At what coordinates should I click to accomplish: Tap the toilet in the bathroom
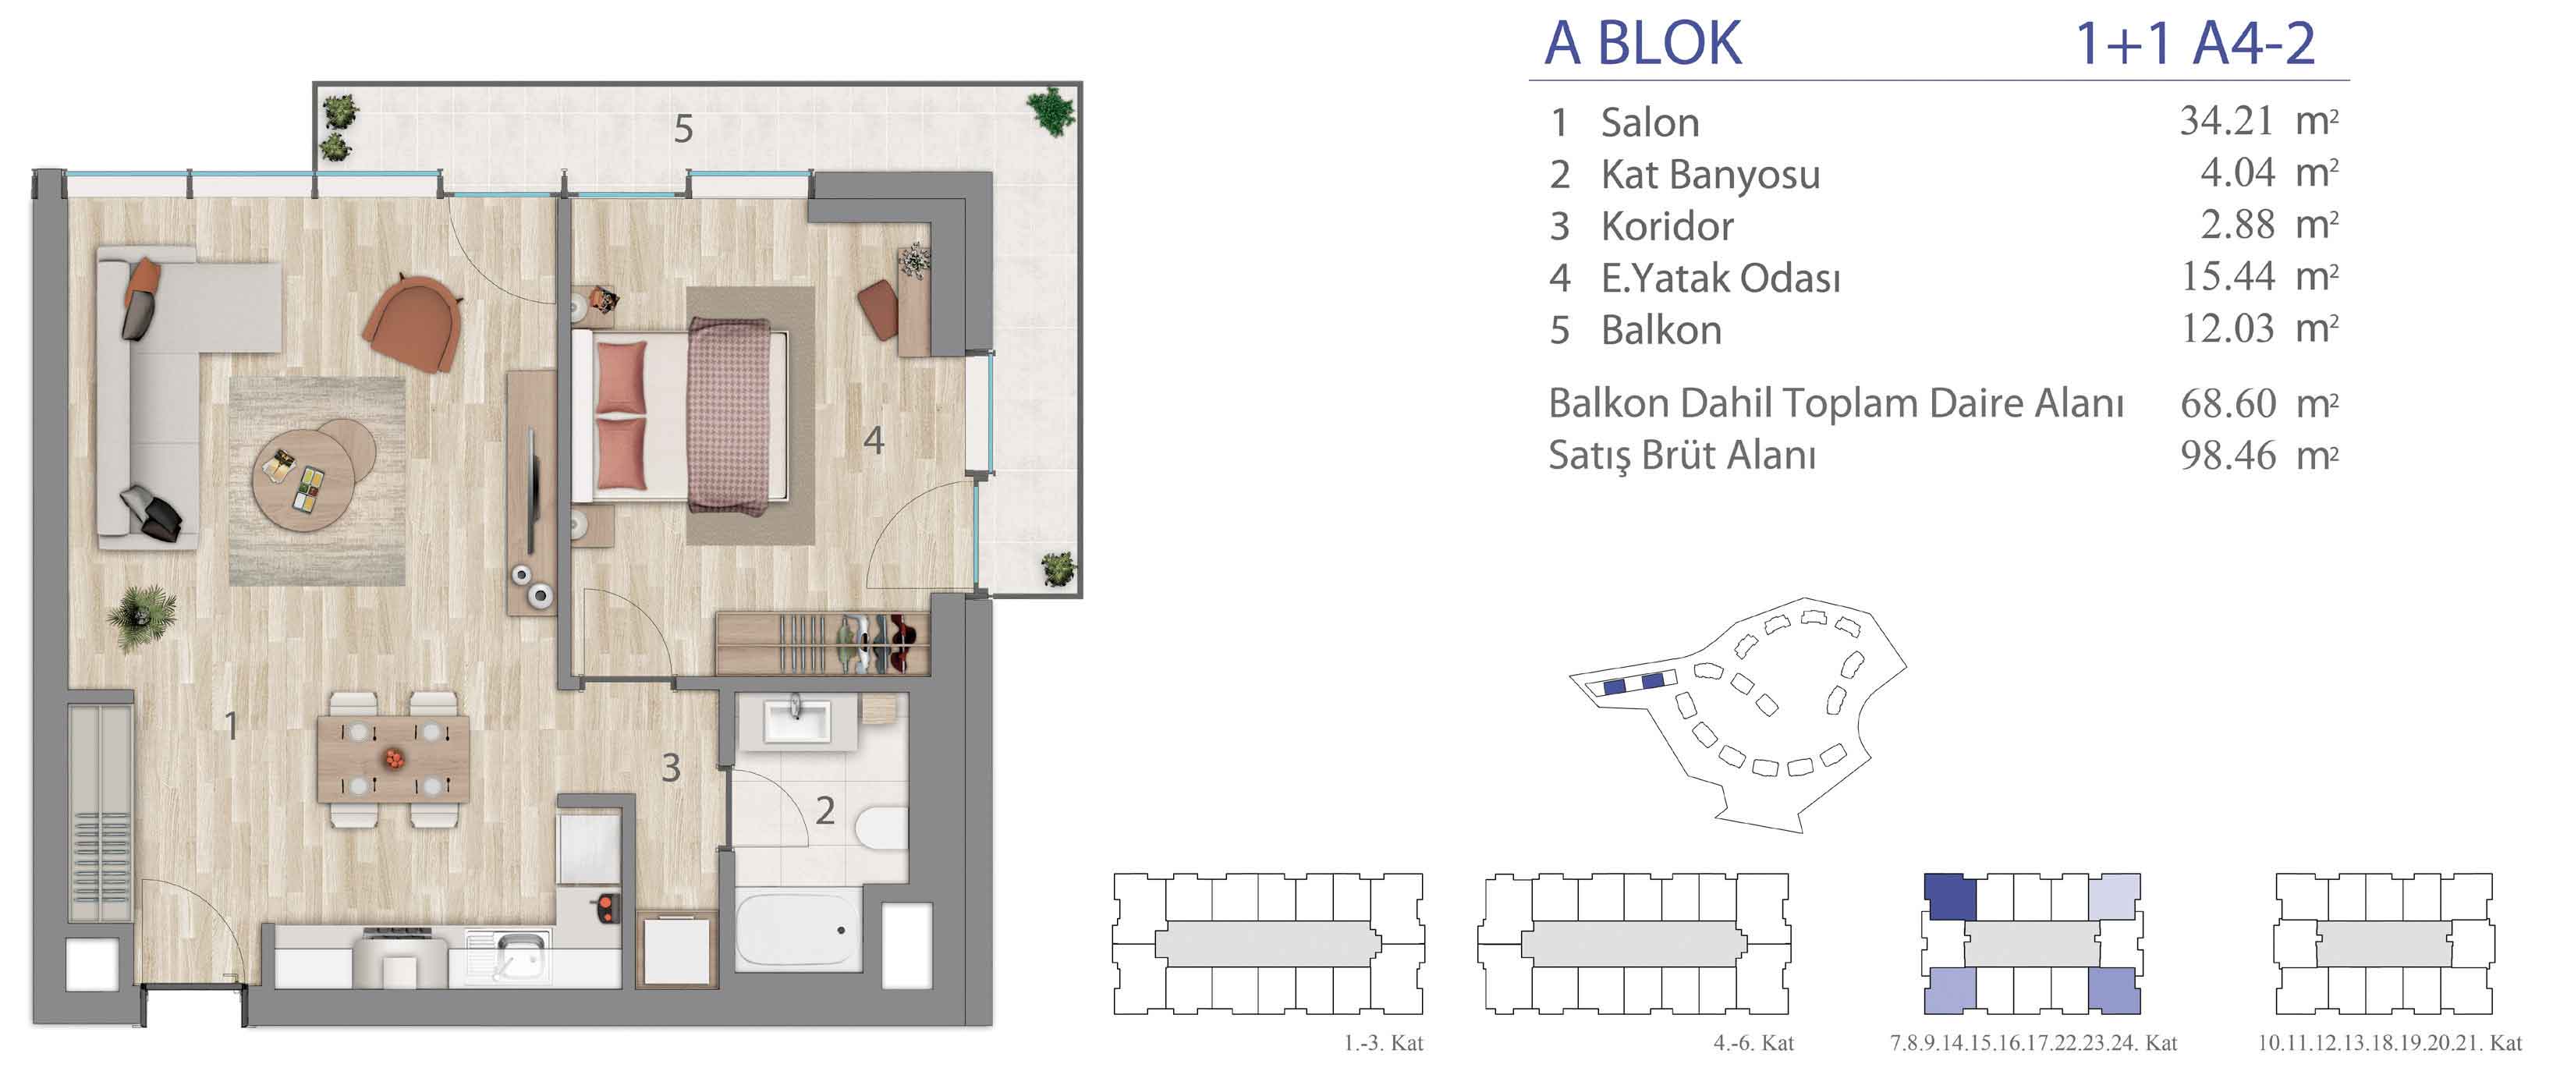pos(883,828)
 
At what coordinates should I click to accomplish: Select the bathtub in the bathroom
pos(799,929)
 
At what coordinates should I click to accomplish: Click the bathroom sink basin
pos(798,718)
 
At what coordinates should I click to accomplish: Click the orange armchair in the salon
pos(413,321)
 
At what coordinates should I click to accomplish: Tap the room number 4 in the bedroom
pos(873,440)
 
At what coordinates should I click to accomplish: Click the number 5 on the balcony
pos(683,129)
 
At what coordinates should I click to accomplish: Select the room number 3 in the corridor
pos(671,768)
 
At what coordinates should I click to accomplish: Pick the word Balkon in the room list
pos(1661,330)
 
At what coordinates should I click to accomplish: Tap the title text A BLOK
pos(1642,43)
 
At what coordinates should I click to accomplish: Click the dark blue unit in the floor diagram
pos(1949,896)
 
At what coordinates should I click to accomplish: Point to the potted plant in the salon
pos(143,616)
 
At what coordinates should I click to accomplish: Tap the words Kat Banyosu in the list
pos(1711,175)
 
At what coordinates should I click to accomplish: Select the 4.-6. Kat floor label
pos(1753,1042)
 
